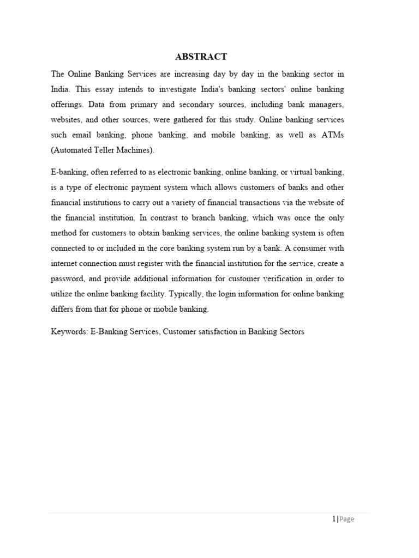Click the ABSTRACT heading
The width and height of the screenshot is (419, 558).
click(201, 57)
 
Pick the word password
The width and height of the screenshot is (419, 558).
click(69, 279)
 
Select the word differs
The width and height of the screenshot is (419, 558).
click(63, 309)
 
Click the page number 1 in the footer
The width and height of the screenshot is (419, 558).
click(333, 519)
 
